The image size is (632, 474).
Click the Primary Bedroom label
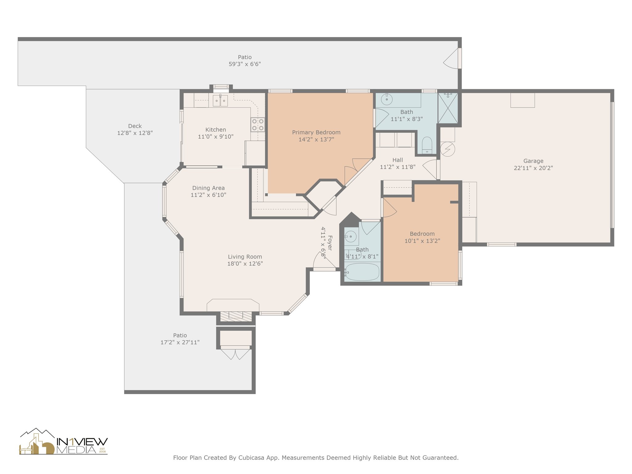click(x=316, y=132)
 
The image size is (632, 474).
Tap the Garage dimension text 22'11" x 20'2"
click(x=533, y=168)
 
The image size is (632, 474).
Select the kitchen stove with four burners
click(x=258, y=125)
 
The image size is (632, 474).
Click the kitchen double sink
click(x=220, y=101)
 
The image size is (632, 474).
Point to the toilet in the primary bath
click(x=427, y=145)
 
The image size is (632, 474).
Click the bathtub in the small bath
click(x=362, y=272)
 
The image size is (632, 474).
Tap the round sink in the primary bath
click(x=387, y=99)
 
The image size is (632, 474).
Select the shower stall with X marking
click(x=448, y=108)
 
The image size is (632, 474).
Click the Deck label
click(x=135, y=126)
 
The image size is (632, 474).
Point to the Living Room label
click(x=245, y=257)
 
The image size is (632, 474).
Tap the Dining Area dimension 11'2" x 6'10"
click(x=208, y=195)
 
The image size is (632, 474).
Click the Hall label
click(x=397, y=160)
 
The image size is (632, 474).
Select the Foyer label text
click(x=330, y=243)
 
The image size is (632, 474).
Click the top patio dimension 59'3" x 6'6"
click(x=245, y=64)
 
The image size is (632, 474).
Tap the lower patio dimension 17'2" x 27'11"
click(x=180, y=342)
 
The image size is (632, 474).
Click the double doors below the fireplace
click(x=235, y=354)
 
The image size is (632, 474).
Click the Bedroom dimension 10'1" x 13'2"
click(x=422, y=241)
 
